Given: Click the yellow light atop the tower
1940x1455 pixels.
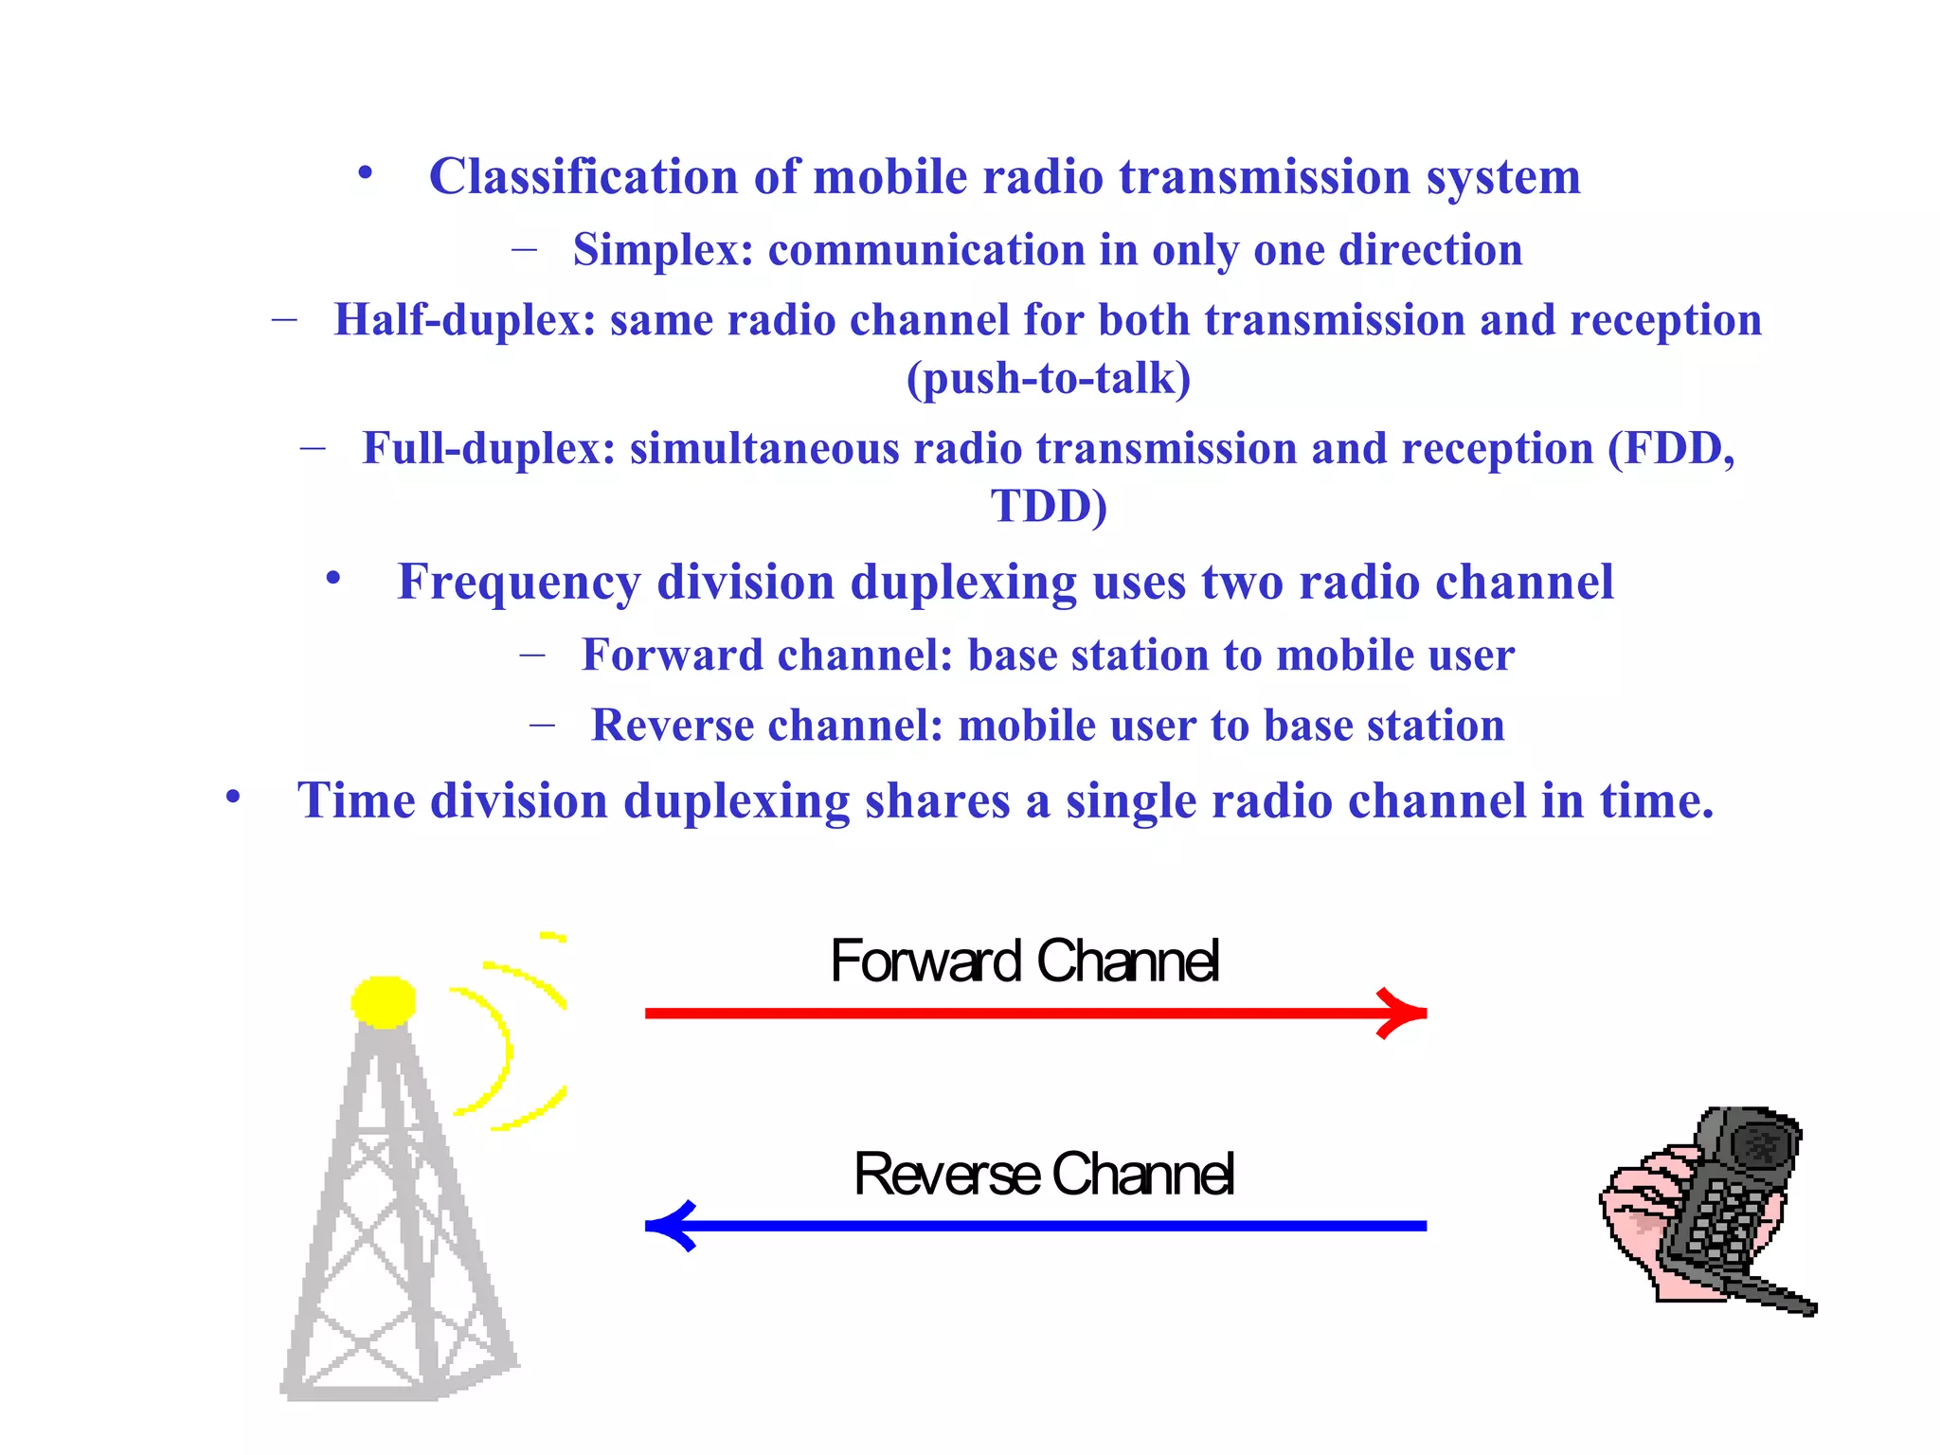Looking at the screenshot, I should pyautogui.click(x=384, y=1001).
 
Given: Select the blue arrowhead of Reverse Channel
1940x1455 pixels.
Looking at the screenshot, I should pyautogui.click(x=674, y=1226).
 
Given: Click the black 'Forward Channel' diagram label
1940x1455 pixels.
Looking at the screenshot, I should pyautogui.click(x=1024, y=961).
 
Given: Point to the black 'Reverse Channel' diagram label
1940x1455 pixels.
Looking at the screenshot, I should pyautogui.click(x=1043, y=1174).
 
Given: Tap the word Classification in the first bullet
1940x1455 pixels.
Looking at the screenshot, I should pyautogui.click(x=583, y=177).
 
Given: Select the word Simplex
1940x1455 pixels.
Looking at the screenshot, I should pyautogui.click(x=662, y=250).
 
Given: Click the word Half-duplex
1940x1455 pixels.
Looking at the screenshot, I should pyautogui.click(x=464, y=320).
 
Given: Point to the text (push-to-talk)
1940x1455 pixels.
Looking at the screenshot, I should pyautogui.click(x=1048, y=379).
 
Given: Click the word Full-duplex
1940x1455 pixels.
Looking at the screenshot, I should pyautogui.click(x=489, y=448).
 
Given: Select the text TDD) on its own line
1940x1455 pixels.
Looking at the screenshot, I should pyautogui.click(x=1049, y=506).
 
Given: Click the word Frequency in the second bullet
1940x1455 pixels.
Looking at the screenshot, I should pyautogui.click(x=518, y=582).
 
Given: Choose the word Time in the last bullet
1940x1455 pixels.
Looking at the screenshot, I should pyautogui.click(x=356, y=800).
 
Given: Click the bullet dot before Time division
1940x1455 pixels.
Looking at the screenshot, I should pyautogui.click(x=233, y=797).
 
